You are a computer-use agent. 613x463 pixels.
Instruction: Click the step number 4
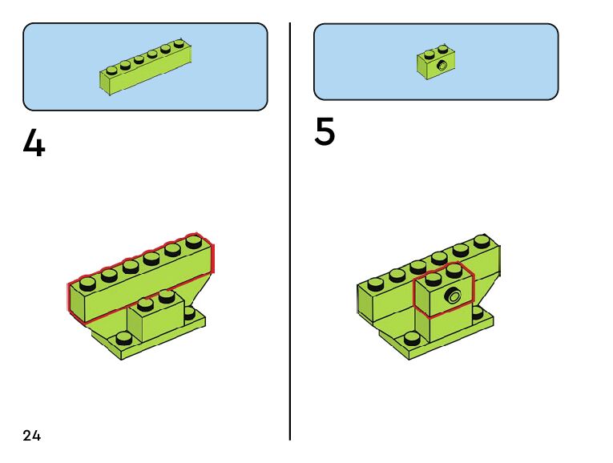tap(34, 144)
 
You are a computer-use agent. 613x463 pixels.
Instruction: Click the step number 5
tap(325, 133)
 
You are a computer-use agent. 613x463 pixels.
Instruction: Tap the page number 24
tap(32, 436)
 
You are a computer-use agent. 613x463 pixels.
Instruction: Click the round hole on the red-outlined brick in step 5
tap(454, 296)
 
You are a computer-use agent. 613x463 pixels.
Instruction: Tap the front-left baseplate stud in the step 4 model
tap(122, 337)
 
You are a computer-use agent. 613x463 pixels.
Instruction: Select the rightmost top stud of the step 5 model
tap(482, 240)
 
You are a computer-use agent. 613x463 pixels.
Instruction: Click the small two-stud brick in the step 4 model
tap(155, 317)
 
